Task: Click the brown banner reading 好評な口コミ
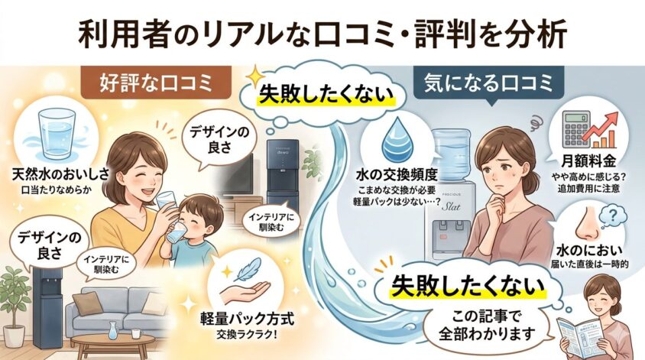(156, 83)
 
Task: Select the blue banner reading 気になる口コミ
(488, 83)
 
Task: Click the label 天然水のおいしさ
(61, 174)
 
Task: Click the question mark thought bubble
(613, 216)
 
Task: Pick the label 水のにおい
(589, 251)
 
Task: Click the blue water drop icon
(397, 140)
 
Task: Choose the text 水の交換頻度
(396, 176)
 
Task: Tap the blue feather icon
(249, 269)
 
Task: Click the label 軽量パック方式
(247, 319)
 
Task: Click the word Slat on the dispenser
(451, 206)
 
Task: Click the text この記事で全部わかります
(486, 325)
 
